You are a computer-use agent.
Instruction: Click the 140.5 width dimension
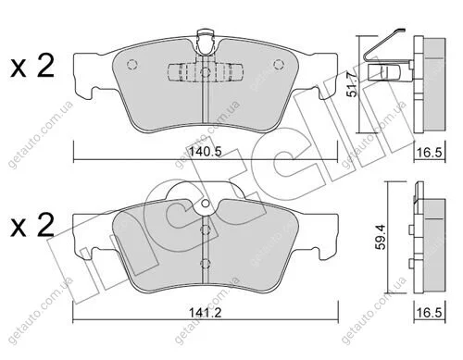tap(206, 152)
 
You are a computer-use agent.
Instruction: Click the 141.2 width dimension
tap(206, 313)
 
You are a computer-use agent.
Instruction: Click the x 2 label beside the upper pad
tap(32, 66)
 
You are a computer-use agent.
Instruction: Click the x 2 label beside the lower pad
tap(32, 226)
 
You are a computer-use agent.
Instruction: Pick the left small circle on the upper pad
tap(132, 64)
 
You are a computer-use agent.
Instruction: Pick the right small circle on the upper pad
tap(279, 64)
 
